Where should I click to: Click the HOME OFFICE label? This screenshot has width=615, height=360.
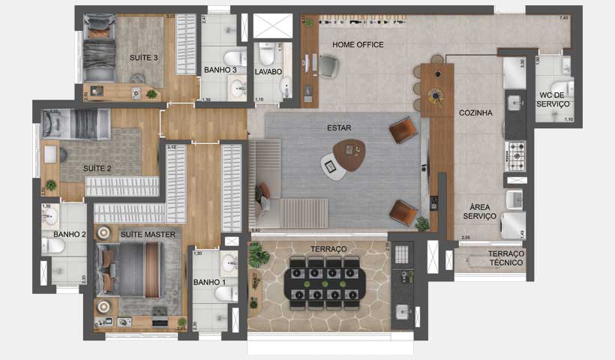(358, 45)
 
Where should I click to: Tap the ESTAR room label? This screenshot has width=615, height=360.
(339, 127)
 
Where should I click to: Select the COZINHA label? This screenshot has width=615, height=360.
(475, 113)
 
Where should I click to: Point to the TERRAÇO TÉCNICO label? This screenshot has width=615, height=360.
(507, 258)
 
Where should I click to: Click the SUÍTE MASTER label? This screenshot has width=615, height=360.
(148, 235)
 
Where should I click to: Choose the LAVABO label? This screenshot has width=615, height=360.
(268, 72)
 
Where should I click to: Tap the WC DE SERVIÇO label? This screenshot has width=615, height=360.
(554, 99)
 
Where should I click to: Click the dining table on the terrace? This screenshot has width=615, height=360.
(325, 283)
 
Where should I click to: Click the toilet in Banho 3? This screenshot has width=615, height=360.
(234, 58)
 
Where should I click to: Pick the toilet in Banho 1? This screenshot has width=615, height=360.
(226, 293)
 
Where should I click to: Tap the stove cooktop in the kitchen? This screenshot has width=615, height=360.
(515, 154)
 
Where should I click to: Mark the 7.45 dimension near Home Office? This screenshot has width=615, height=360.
(564, 17)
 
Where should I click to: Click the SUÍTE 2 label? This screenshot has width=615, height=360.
(97, 169)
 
